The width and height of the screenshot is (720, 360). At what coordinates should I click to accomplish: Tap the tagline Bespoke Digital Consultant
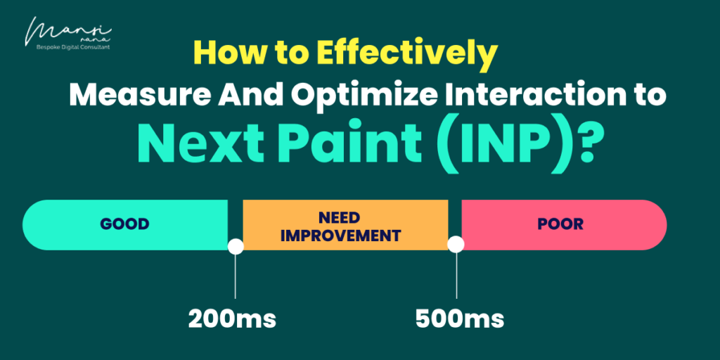coord(73,47)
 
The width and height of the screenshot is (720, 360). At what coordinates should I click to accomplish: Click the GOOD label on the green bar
coord(125,224)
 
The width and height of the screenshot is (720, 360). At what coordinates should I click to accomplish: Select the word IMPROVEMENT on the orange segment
coord(341,236)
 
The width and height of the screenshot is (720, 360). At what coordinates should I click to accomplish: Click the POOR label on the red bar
coord(560,224)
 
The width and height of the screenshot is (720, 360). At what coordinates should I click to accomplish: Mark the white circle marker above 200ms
coord(236,246)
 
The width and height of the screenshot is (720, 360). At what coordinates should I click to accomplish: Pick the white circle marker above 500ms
coord(456,245)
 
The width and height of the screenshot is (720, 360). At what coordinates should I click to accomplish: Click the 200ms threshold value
coord(232,319)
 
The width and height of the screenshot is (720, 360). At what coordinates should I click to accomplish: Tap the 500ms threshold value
coord(460,319)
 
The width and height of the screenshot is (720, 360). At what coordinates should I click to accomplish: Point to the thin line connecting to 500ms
coord(456,276)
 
